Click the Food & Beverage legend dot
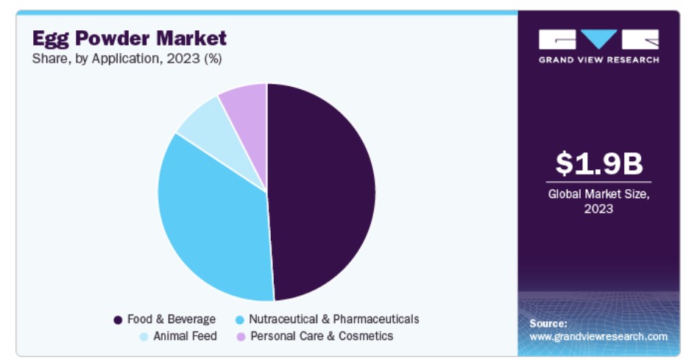point(118,320)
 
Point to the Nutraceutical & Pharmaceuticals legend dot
point(239,320)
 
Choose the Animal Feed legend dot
point(144,336)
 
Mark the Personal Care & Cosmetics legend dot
point(241,336)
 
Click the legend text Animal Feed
point(185,336)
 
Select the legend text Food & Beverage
point(172,320)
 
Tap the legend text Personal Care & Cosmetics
point(322,336)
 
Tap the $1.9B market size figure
point(598,163)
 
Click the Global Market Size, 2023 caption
point(598,201)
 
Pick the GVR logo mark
point(598,39)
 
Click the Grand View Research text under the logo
point(598,60)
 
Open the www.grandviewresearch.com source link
point(598,336)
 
